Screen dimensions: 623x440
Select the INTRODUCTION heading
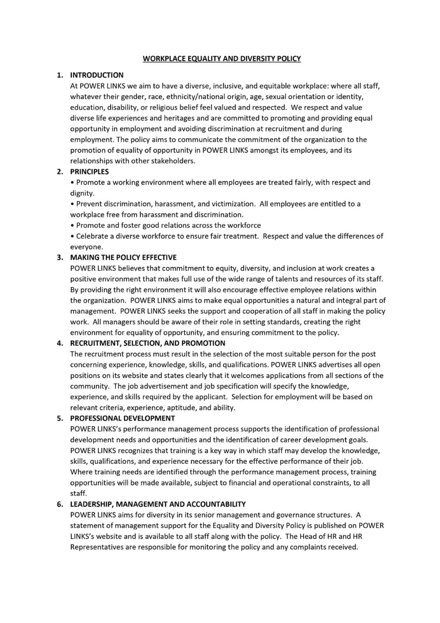[96, 75]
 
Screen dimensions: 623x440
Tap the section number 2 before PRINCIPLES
[60, 172]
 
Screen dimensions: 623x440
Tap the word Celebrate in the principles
[91, 236]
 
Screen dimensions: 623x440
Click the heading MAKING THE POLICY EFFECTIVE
[123, 257]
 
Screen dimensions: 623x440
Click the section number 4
[60, 343]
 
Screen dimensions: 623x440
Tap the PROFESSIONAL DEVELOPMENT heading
[122, 418]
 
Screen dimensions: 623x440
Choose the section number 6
[60, 504]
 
